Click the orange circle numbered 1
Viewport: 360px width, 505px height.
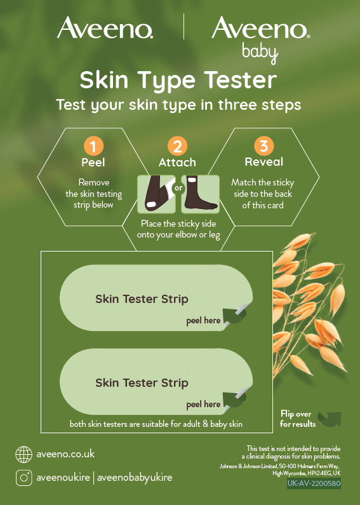point(93,146)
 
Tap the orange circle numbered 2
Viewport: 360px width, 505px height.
point(177,146)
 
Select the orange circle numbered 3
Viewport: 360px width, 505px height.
point(264,146)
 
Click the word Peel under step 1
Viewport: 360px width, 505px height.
point(93,163)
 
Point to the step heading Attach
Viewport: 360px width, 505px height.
point(177,163)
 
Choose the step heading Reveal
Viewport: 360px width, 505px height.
point(264,162)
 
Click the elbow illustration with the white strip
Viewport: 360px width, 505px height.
point(156,194)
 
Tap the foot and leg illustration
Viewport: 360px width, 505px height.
point(200,194)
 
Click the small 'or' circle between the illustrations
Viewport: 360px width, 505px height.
point(178,188)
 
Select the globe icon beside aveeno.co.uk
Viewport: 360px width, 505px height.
point(24,454)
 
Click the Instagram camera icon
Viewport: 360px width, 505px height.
point(24,478)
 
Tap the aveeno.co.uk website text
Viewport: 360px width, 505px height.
point(65,454)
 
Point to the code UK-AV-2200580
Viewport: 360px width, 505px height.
point(314,483)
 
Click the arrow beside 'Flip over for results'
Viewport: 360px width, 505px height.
point(330,419)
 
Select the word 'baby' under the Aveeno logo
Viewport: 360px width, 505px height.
point(260,54)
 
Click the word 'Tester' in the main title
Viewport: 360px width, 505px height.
point(240,80)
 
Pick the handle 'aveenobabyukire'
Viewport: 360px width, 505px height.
point(135,478)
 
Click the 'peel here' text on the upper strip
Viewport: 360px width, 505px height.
point(203,321)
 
